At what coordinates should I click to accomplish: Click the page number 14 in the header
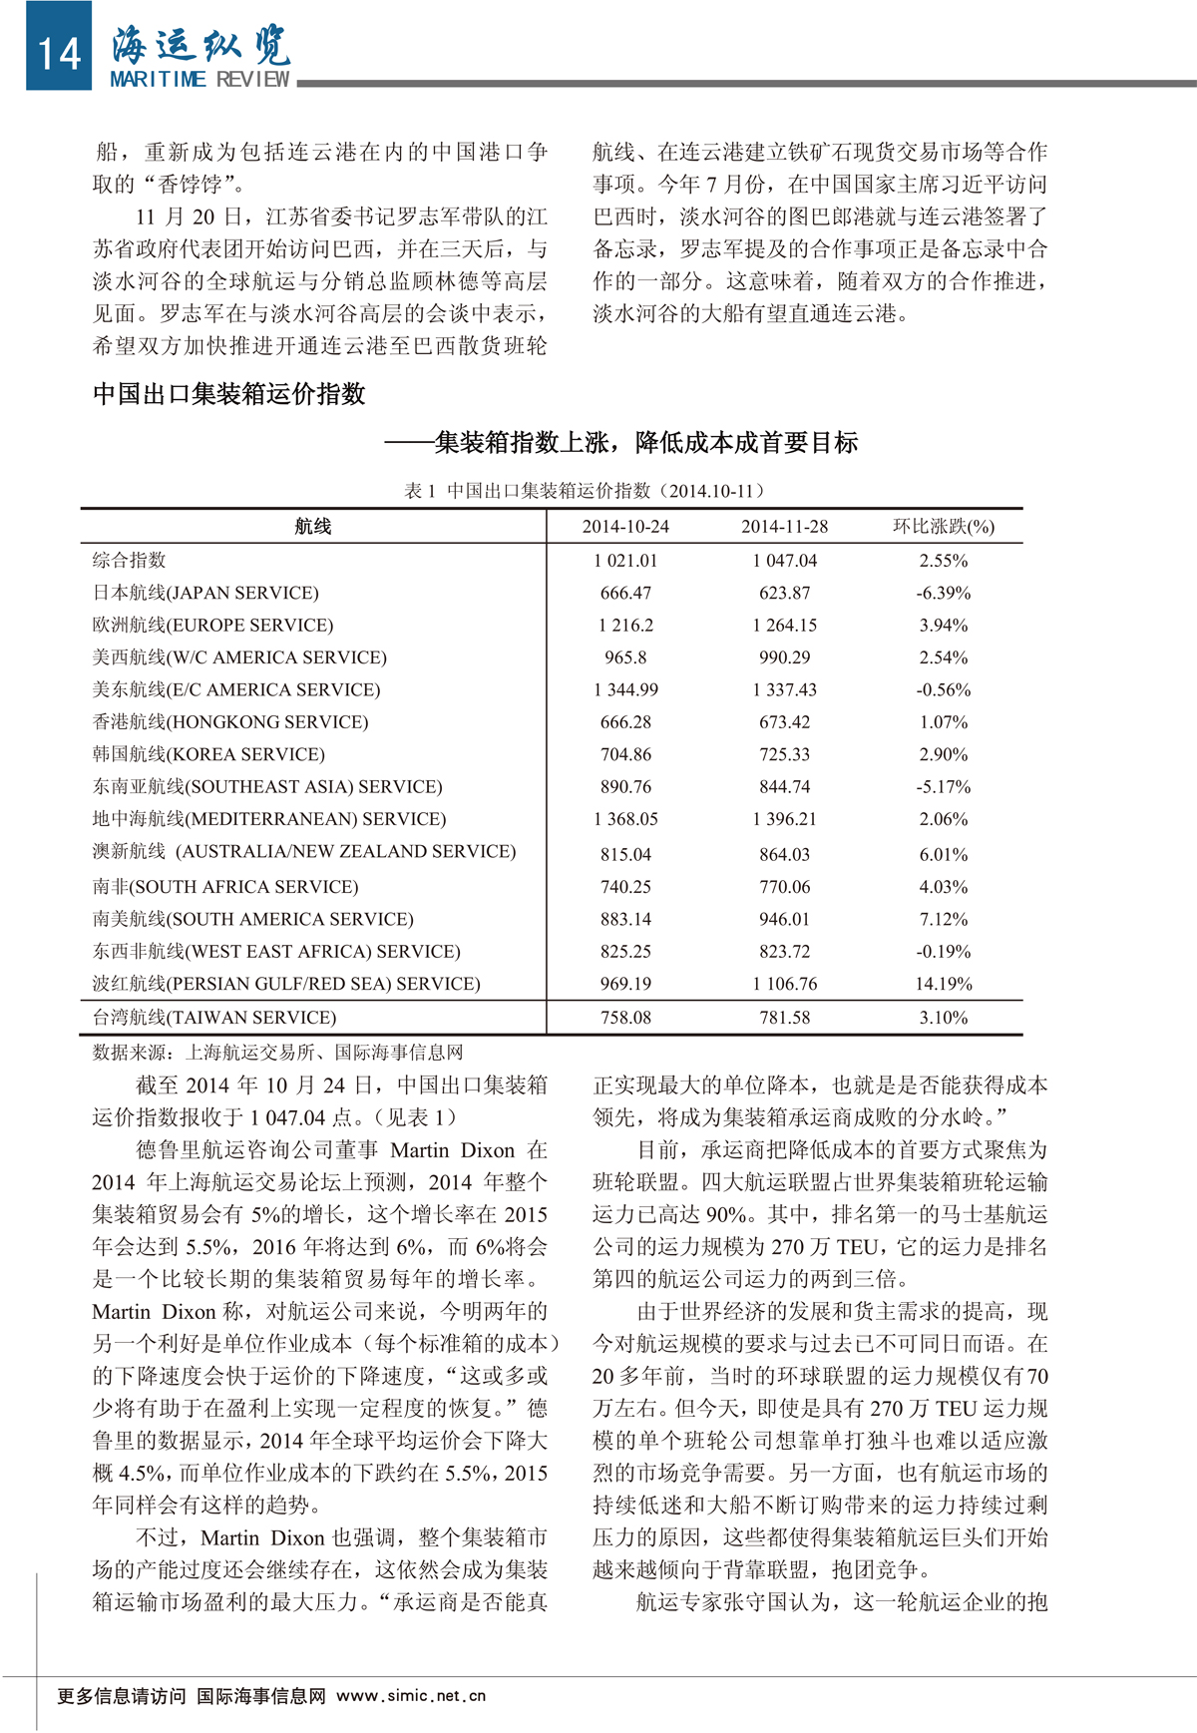point(58,53)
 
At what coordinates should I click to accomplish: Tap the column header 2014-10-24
point(625,527)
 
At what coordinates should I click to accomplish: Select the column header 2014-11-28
point(784,527)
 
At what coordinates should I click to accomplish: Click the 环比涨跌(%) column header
point(943,527)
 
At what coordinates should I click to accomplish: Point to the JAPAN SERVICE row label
point(205,593)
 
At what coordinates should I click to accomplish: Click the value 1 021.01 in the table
point(625,561)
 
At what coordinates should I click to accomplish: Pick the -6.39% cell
point(943,593)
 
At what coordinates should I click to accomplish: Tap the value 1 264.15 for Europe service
point(784,626)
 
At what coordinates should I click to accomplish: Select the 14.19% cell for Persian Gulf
point(943,984)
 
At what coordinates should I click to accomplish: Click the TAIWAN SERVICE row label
point(214,1018)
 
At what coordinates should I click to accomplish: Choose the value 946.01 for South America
point(784,919)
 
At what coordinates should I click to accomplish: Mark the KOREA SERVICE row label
point(208,754)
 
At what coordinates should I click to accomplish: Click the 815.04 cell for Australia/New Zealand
point(625,855)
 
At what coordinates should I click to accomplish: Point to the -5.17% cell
point(943,787)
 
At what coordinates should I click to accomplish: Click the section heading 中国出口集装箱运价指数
point(229,394)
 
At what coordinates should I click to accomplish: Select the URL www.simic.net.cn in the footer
point(411,1696)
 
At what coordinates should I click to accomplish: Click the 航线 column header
point(312,527)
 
